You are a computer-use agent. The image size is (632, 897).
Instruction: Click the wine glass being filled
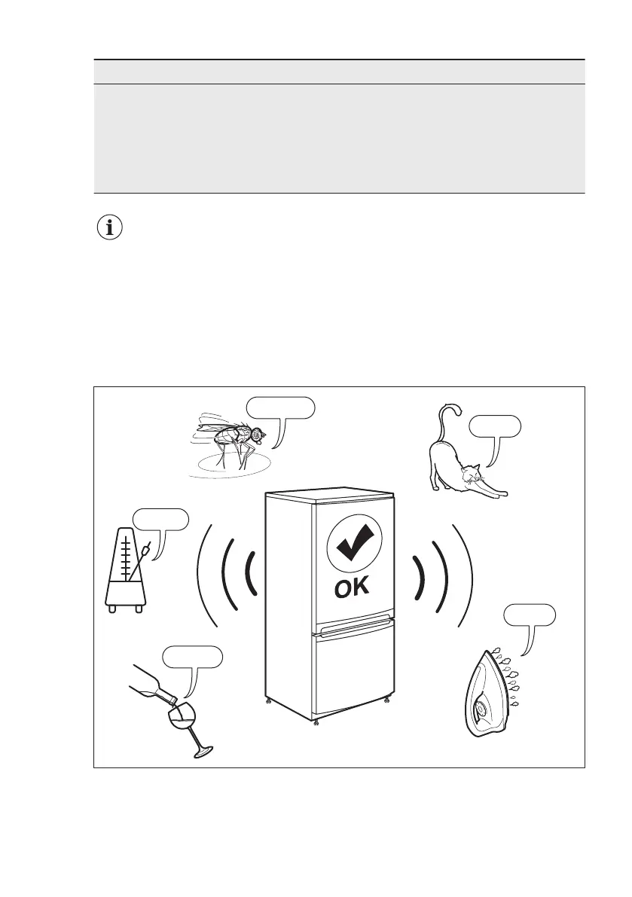click(x=185, y=726)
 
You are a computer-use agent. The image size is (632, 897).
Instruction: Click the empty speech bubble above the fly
click(x=279, y=407)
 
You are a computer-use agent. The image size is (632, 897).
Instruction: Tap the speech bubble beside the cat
click(x=494, y=427)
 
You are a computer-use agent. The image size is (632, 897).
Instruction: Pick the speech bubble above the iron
click(x=530, y=615)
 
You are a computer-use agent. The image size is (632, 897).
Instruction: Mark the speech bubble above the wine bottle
click(x=194, y=657)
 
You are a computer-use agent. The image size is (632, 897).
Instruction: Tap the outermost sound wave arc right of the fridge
click(x=465, y=574)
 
